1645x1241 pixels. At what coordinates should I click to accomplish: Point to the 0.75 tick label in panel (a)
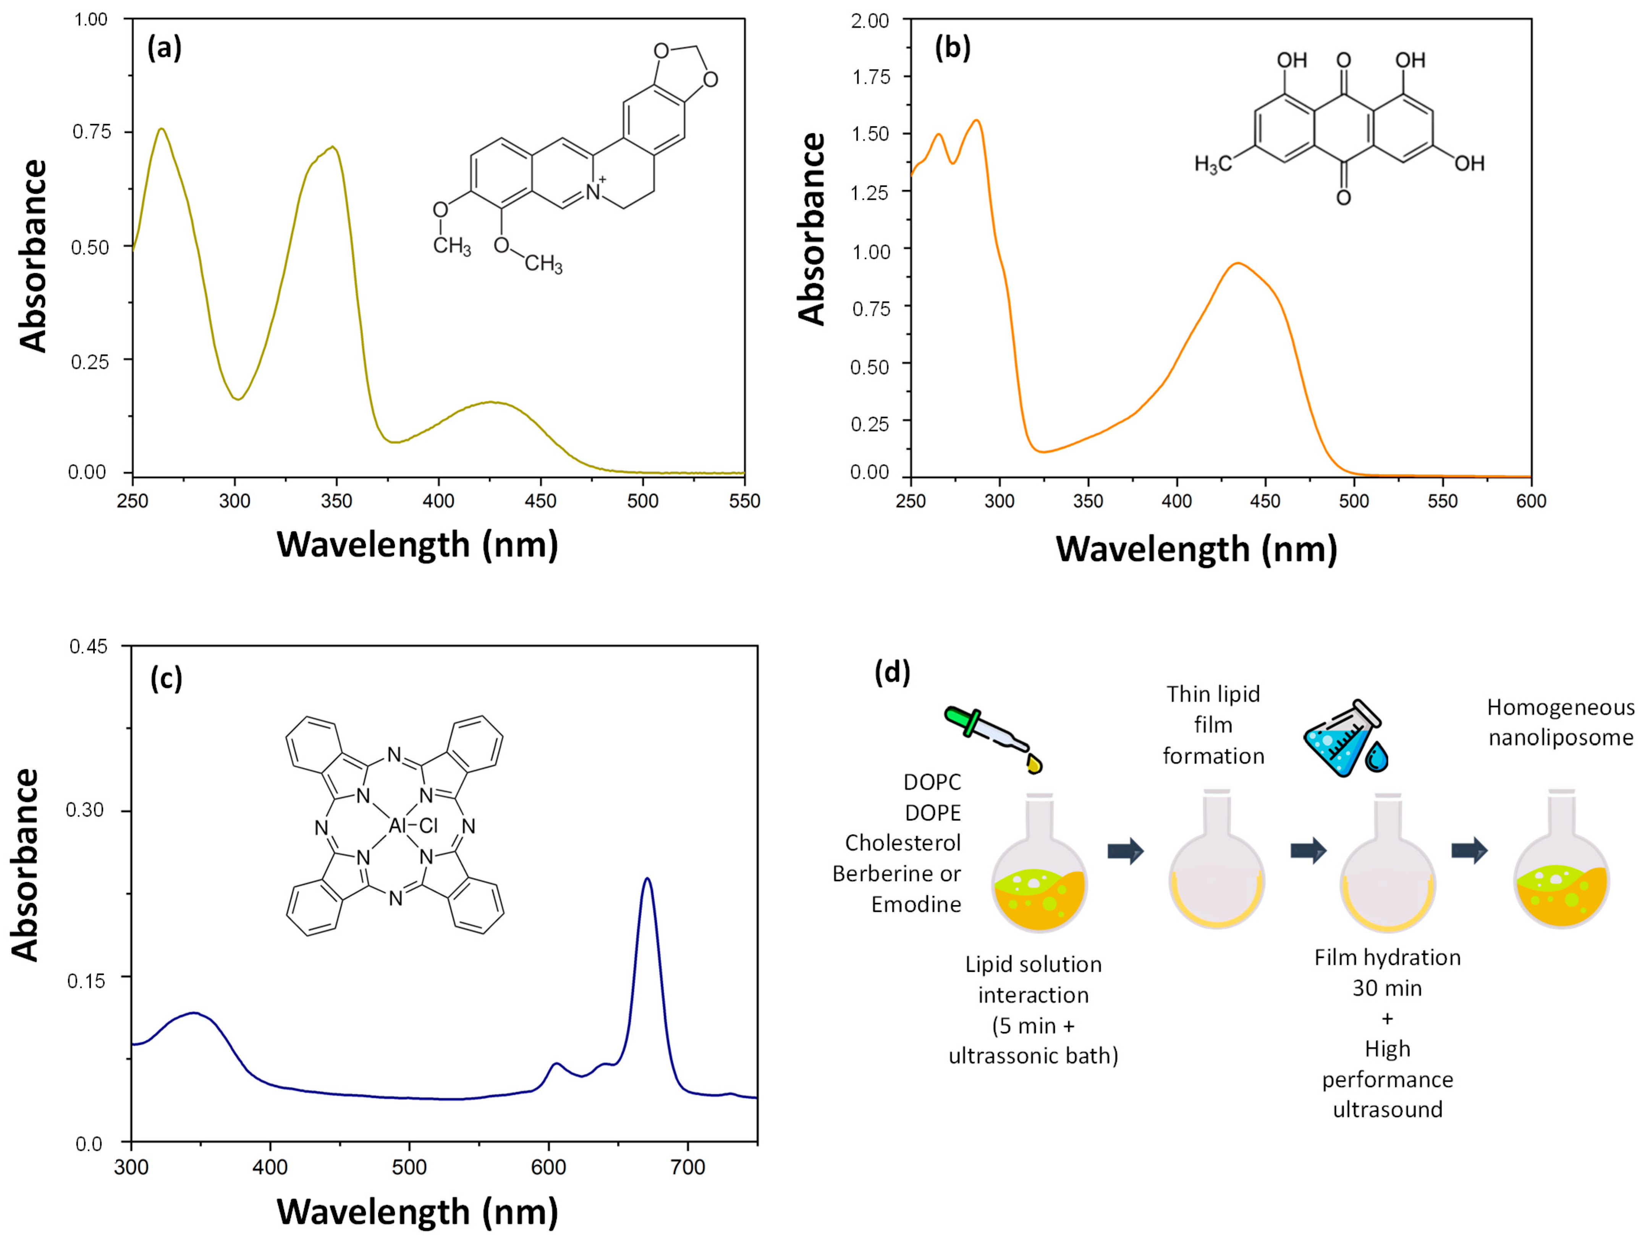91,132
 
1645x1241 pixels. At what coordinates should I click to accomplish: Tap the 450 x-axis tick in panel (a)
540,501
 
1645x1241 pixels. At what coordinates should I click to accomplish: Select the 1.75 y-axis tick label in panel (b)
870,77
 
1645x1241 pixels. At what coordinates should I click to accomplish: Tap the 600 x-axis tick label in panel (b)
1530,501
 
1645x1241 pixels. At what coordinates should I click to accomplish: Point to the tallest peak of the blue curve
648,879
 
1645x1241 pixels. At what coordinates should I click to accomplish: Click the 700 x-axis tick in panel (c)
687,1166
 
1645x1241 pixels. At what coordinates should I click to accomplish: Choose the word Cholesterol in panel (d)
903,843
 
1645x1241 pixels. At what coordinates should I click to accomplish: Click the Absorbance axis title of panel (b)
812,229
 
